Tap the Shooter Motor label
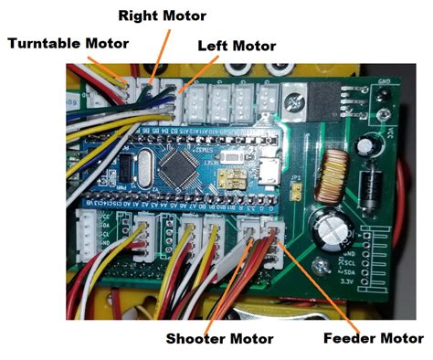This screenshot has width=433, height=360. coord(219,339)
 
